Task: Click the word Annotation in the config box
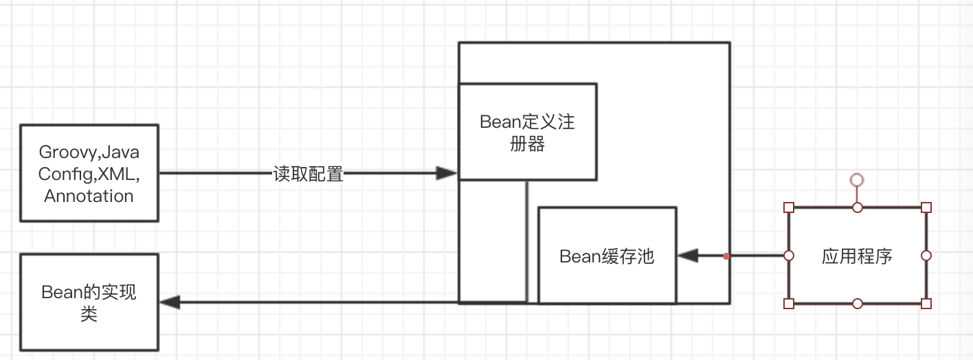[x=89, y=196]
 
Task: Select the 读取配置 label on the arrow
[x=307, y=174]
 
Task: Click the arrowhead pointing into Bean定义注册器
[x=447, y=173]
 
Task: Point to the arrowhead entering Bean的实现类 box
[x=170, y=302]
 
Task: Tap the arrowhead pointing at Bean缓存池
[x=688, y=256]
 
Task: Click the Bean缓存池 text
[x=607, y=257]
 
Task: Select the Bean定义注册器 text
[x=527, y=133]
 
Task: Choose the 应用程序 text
[x=857, y=257]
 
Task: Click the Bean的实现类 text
[x=89, y=303]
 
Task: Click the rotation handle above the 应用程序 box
[x=856, y=180]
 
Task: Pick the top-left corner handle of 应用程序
[x=789, y=207]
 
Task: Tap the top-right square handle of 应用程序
[x=926, y=207]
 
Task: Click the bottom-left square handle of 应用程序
[x=789, y=303]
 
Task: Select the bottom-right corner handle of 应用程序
[x=926, y=303]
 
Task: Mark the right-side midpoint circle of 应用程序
[x=926, y=256]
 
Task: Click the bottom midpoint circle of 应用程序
[x=857, y=303]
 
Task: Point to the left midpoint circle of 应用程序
[x=789, y=256]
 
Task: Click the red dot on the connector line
[x=726, y=256]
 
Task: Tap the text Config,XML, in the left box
[x=89, y=174]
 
